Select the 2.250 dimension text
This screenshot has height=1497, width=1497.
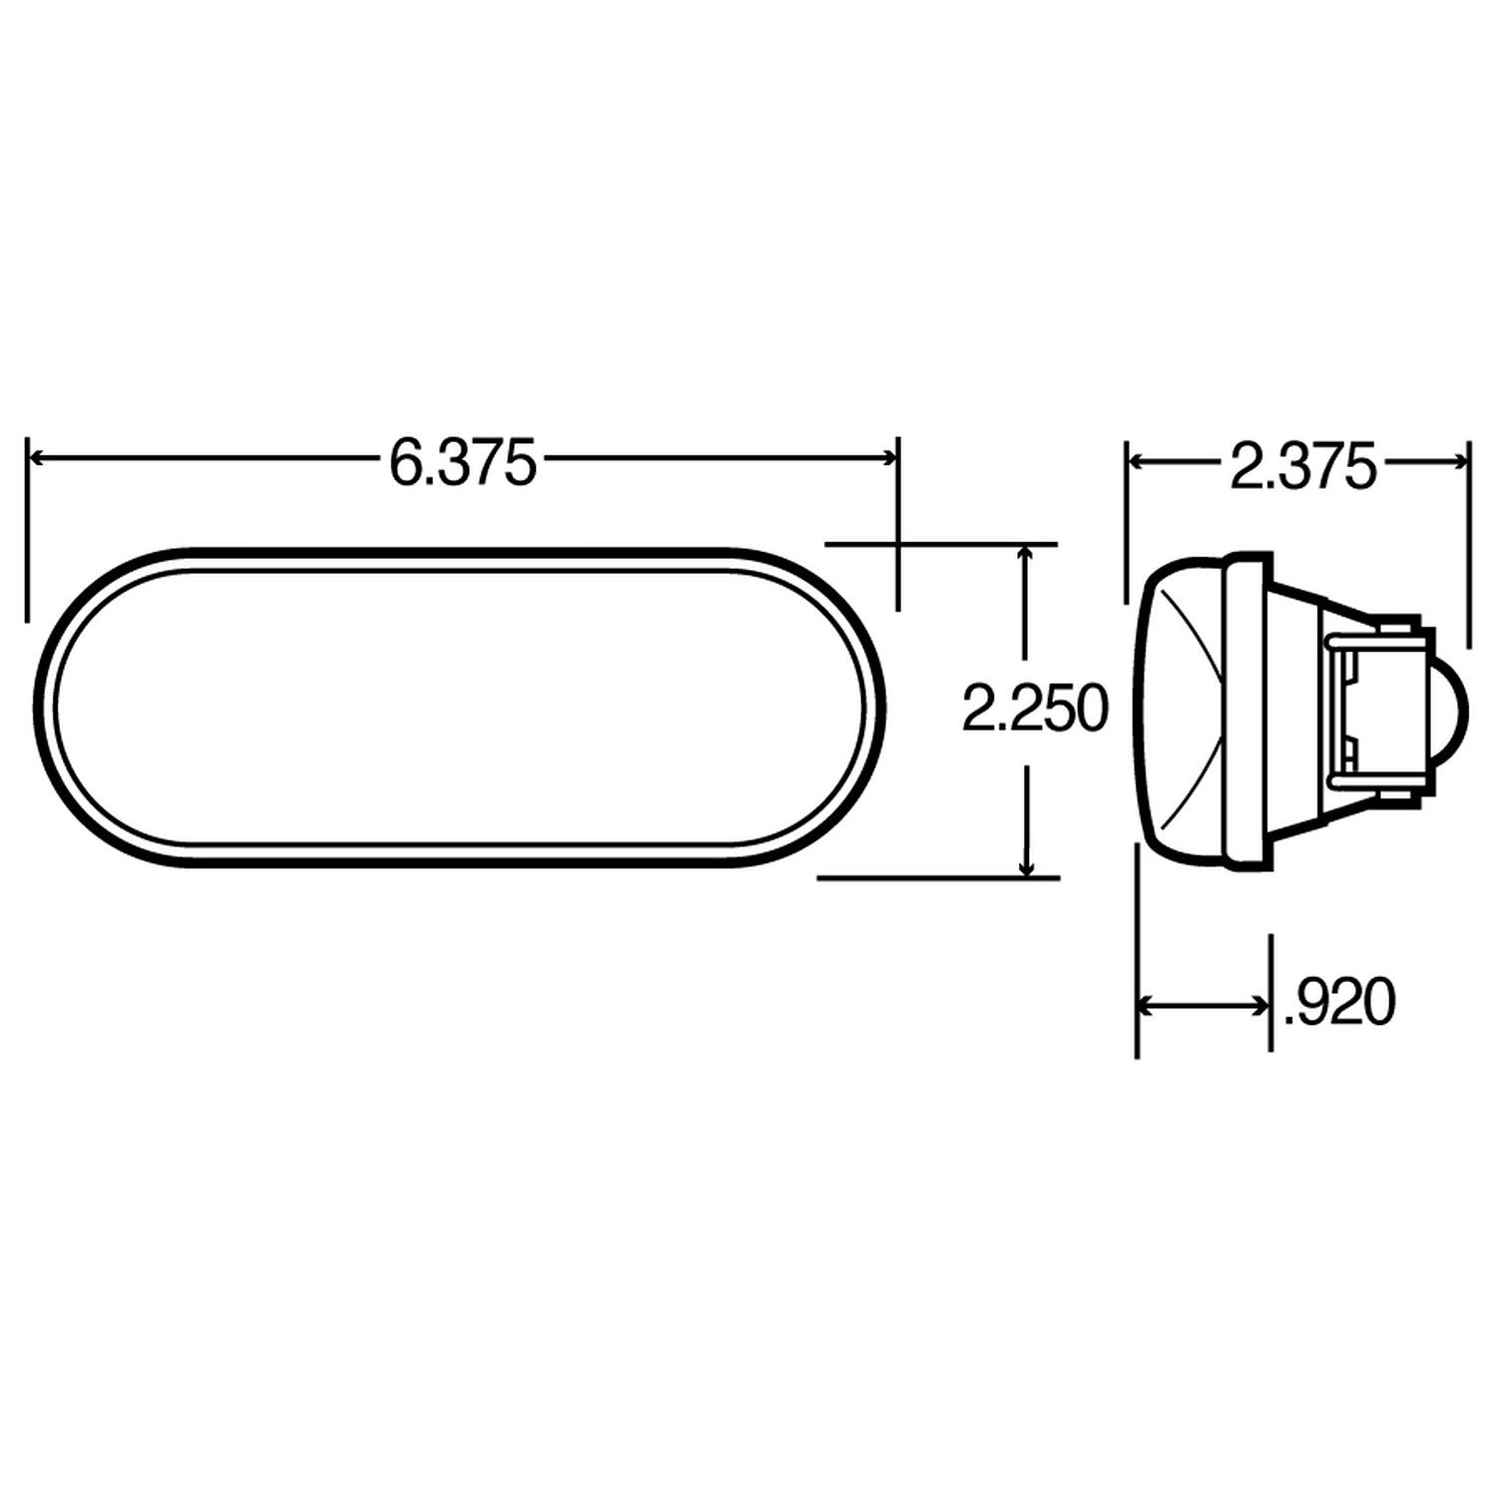(1034, 710)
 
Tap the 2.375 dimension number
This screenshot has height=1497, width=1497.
(1301, 465)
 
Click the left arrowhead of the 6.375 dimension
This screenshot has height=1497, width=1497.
(40, 457)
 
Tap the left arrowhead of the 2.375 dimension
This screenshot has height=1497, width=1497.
(1138, 460)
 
